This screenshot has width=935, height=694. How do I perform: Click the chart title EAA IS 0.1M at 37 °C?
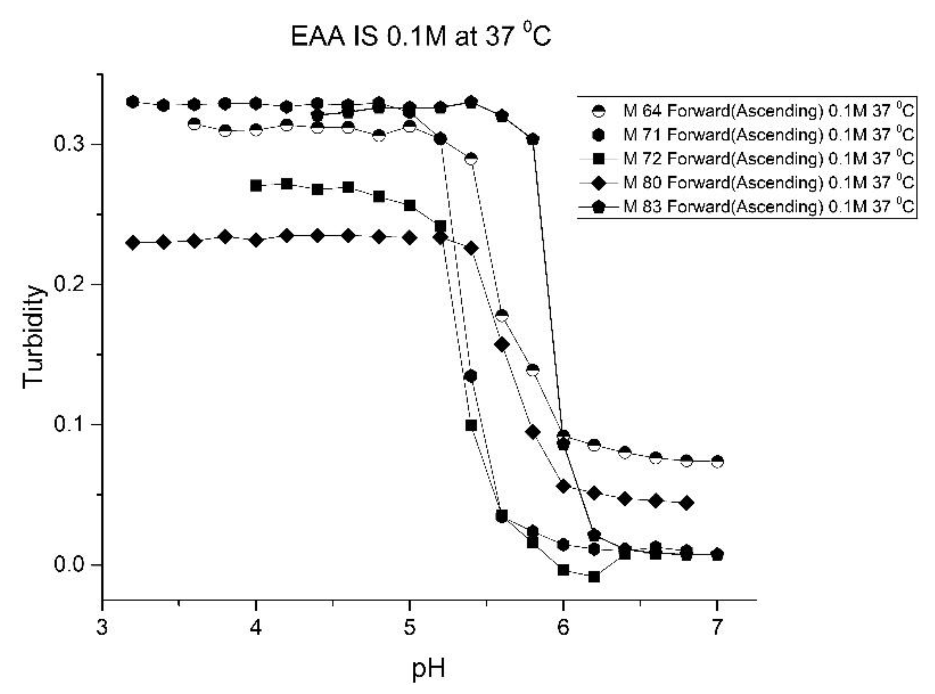(x=420, y=36)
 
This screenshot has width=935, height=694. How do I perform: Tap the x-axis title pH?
(x=428, y=669)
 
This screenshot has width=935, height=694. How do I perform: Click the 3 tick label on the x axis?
(x=102, y=628)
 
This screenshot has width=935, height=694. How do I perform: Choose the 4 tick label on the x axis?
(x=256, y=628)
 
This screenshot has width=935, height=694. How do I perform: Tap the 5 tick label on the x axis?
(x=410, y=628)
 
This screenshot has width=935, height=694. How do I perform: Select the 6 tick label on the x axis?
(x=563, y=628)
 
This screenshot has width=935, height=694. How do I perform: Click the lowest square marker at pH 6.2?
(x=594, y=577)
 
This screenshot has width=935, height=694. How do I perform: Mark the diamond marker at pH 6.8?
(x=686, y=503)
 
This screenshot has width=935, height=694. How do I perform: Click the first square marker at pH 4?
(x=256, y=186)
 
